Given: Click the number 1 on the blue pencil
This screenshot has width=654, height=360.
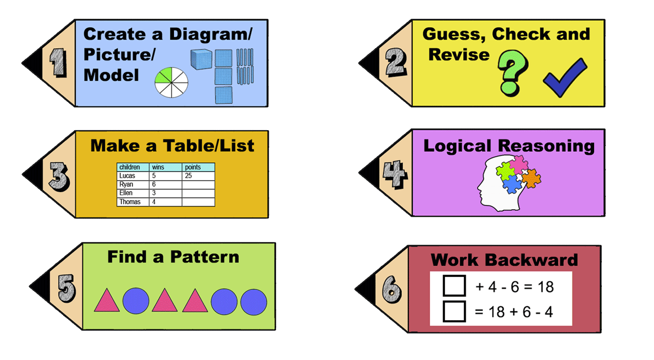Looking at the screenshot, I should point(57,63).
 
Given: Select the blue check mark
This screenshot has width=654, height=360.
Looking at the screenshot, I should point(564,78).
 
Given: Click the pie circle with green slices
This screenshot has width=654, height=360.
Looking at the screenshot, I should point(171,84).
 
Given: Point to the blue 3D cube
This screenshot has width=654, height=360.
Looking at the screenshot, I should point(201,59).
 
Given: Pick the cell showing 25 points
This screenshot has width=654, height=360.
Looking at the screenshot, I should point(198,176).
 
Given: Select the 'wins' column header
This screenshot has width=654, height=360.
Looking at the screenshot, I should point(165,167).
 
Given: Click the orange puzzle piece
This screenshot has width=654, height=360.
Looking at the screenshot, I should point(531,178).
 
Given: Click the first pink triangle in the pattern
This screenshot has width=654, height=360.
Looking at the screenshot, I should point(107,300).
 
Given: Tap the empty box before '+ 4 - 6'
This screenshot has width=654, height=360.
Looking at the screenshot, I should point(454,286).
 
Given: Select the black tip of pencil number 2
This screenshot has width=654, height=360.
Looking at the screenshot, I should point(369,63).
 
